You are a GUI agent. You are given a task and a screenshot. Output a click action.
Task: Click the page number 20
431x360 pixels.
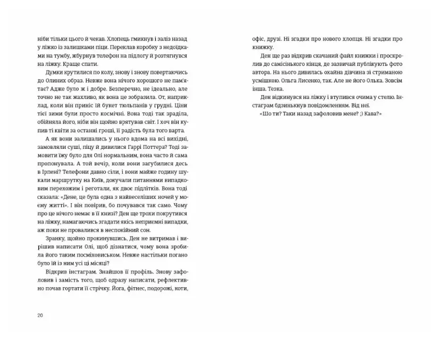40,315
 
